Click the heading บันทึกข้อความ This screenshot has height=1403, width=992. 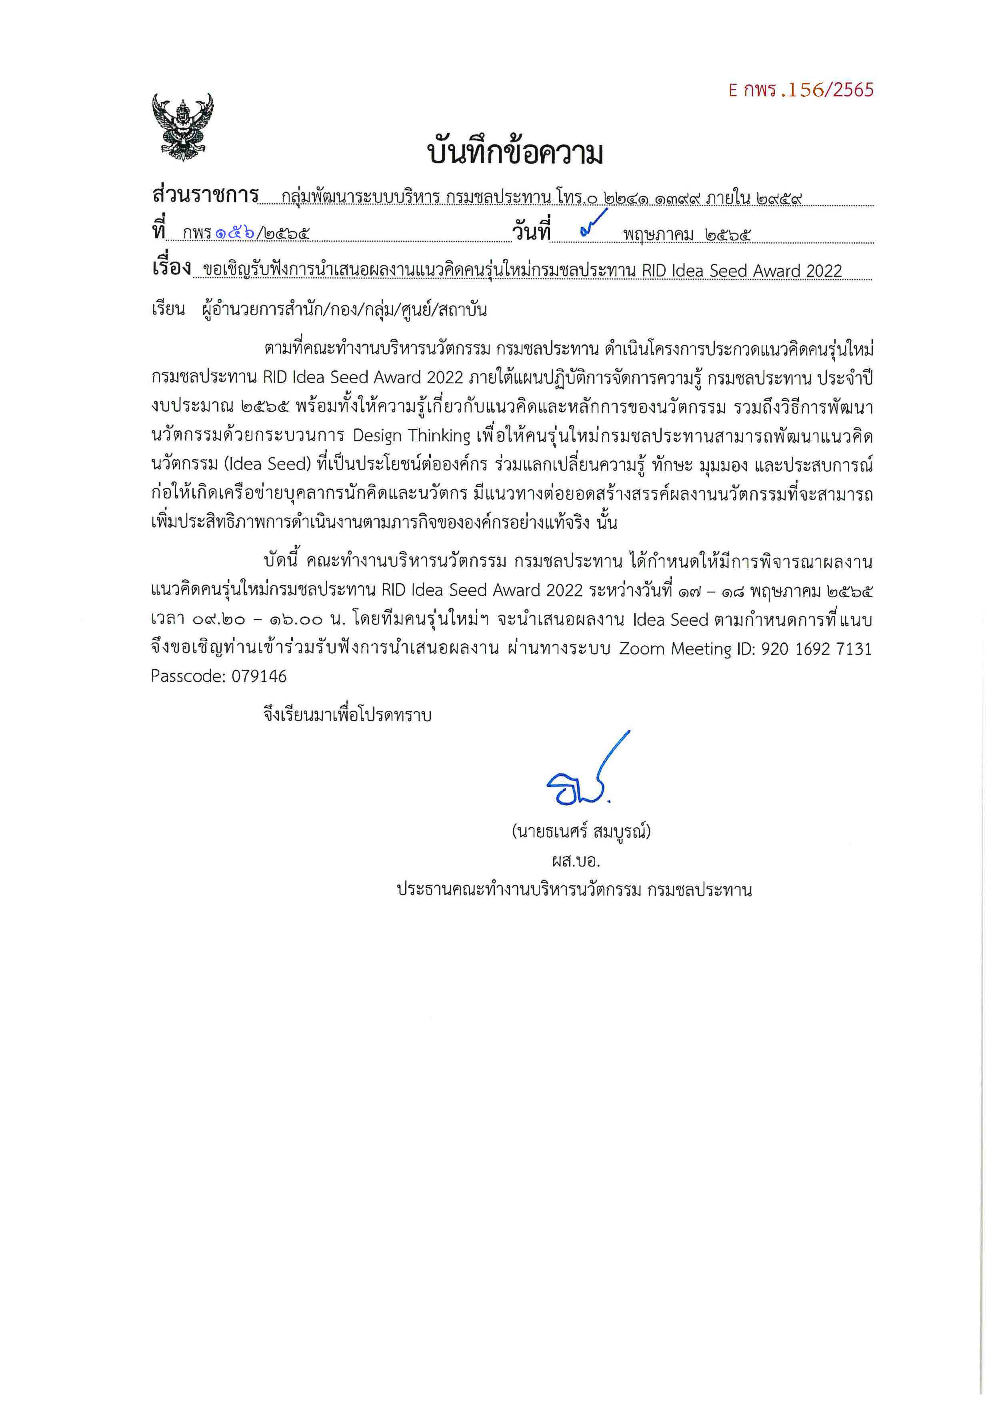515,153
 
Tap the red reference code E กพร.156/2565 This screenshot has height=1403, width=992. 801,90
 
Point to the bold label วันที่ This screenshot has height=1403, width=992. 531,232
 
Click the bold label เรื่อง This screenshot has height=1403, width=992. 172,268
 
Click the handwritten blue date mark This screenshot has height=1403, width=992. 593,223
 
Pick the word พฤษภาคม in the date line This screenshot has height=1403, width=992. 658,234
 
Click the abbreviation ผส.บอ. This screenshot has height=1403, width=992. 576,861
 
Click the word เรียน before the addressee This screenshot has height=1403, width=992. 168,309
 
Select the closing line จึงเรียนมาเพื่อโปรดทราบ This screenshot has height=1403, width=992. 348,715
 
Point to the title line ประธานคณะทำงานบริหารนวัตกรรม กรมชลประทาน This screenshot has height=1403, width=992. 574,890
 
